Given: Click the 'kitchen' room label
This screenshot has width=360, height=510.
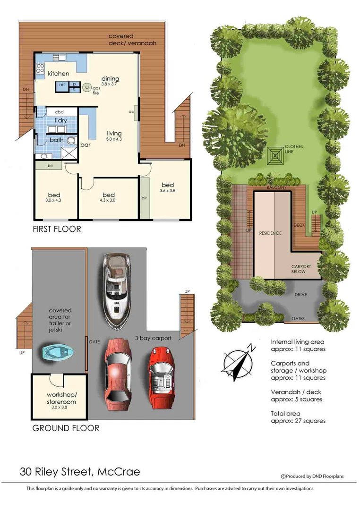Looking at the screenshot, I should (59, 74).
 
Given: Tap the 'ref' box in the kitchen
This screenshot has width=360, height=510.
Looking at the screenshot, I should (62, 85).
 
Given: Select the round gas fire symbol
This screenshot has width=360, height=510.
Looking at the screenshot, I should (87, 87).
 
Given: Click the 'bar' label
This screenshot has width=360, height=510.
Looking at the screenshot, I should (86, 144).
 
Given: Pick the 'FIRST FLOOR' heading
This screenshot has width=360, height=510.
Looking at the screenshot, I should (57, 229).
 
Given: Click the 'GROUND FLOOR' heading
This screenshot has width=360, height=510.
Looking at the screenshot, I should (66, 428).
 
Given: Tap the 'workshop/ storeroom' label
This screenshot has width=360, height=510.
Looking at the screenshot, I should (61, 398).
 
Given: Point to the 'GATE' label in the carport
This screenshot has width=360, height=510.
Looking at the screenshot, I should (94, 340).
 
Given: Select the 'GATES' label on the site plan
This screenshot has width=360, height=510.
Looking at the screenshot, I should (298, 319).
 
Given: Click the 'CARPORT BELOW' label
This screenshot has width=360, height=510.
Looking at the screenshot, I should (301, 269).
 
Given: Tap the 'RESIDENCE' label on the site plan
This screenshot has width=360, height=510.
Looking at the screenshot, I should (270, 233).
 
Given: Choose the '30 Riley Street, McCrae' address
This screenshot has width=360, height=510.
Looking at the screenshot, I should (80, 471).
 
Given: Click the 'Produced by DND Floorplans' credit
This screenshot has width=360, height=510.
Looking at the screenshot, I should (312, 476).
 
